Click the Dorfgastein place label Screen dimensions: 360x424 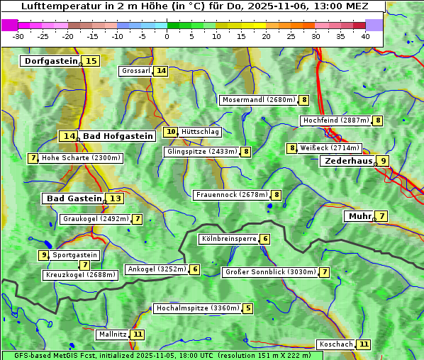[50, 61]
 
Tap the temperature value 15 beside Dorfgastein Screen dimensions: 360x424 [91, 61]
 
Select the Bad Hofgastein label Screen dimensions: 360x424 [117, 136]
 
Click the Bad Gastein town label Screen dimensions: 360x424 [74, 198]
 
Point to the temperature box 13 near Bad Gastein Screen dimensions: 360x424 [114, 198]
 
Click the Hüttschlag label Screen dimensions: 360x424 [201, 132]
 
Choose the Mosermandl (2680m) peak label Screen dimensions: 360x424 [259, 100]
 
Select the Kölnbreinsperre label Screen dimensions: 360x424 [228, 240]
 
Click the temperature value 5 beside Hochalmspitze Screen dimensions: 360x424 [247, 308]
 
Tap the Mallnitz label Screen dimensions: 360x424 [113, 334]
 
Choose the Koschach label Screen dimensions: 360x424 [335, 344]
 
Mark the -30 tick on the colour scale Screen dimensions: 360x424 [18, 35]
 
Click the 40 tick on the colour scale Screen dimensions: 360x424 [365, 35]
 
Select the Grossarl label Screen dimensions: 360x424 [136, 71]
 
